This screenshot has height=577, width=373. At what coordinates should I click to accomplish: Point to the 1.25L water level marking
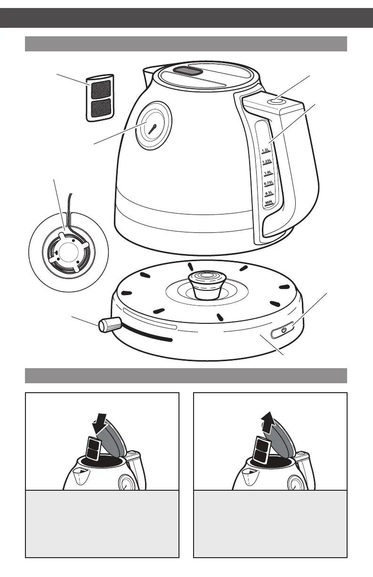point(267,162)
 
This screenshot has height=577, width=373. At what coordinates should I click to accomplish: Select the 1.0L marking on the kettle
point(268,173)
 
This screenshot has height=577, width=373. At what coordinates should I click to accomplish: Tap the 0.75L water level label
point(268,183)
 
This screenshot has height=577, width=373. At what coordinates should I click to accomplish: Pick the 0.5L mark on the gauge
point(269,193)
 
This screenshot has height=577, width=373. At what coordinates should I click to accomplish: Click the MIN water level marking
point(269,202)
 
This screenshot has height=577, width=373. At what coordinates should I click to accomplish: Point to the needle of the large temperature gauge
point(152,129)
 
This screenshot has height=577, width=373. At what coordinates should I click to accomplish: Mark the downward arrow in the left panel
point(100,420)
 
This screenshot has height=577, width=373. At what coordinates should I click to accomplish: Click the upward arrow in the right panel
point(269,421)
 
